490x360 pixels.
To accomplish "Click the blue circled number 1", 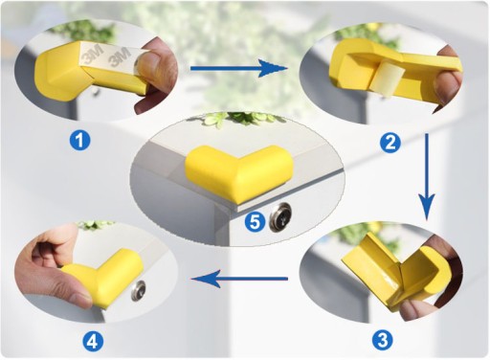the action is point(79,141).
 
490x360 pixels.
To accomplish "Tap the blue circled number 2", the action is point(390,143).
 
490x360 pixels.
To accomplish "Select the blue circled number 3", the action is point(383,341).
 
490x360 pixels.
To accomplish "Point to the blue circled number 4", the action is point(93,343).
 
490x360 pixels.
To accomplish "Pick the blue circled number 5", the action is point(255,221).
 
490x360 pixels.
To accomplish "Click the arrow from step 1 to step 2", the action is point(238,68).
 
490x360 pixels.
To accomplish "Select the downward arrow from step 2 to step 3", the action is point(427,177).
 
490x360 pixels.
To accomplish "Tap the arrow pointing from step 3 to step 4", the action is point(239,279).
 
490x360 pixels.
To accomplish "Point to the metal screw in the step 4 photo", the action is point(139,291).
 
